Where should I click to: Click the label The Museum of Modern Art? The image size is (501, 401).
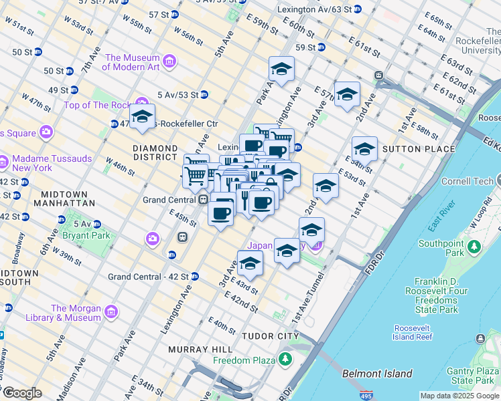click(132, 62)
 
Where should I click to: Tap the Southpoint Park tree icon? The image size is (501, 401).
click(475, 247)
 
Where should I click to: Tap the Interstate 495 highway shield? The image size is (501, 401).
click(366, 395)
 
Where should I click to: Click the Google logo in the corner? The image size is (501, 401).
click(22, 393)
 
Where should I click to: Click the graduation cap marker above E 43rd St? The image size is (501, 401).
click(250, 263)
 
